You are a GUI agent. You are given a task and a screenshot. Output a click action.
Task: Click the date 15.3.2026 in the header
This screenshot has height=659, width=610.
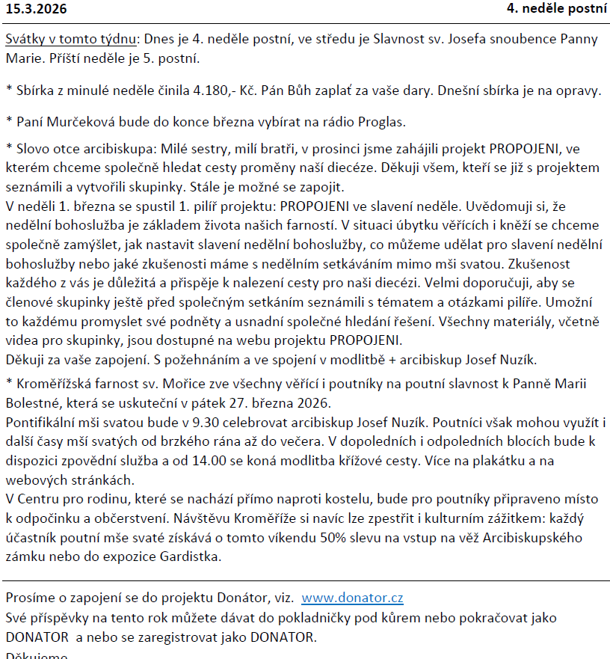[36, 9]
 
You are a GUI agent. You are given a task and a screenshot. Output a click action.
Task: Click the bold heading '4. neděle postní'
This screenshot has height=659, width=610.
[557, 9]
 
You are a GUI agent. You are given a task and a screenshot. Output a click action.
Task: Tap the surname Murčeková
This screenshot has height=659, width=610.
[78, 121]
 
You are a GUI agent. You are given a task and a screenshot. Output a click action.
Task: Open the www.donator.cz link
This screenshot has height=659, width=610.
[352, 598]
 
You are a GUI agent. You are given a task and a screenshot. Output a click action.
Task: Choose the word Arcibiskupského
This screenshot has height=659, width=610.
[545, 538]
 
